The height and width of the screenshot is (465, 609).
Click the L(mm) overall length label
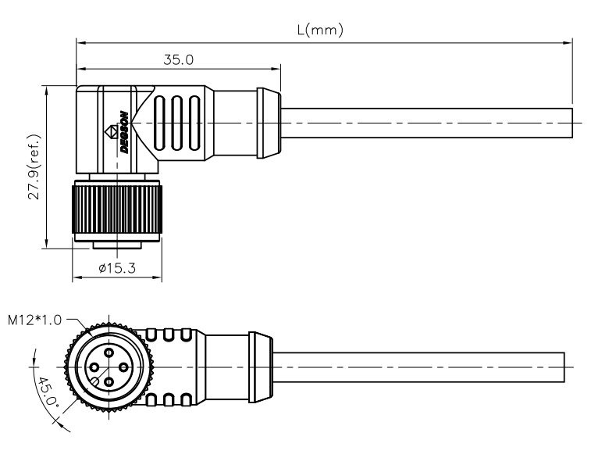(x=322, y=30)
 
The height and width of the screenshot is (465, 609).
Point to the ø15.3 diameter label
(x=118, y=267)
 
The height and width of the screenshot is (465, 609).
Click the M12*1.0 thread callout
(x=35, y=319)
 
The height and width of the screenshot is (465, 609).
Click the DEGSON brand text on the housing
(x=124, y=133)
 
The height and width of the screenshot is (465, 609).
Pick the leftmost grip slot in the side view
(x=160, y=123)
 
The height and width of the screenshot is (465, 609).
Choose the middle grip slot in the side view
(x=177, y=123)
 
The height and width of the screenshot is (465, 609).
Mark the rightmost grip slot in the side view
(x=194, y=123)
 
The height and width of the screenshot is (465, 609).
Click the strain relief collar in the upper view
(x=268, y=123)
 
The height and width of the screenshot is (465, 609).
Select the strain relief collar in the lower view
(x=261, y=367)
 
